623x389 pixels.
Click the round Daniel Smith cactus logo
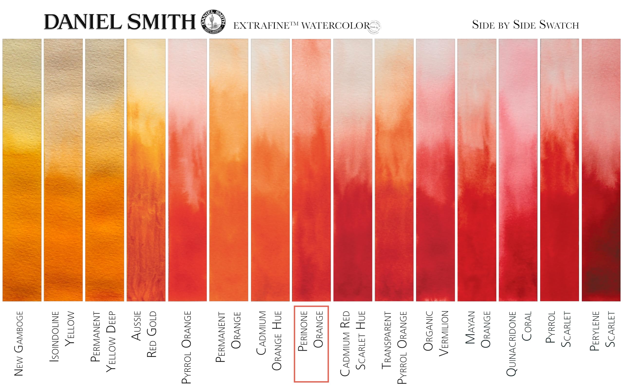213,22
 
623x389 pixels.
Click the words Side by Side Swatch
525,25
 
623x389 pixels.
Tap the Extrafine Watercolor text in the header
302,26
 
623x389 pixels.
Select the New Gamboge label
18,343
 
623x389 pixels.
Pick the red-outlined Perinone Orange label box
311,344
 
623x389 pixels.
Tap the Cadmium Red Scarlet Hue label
353,343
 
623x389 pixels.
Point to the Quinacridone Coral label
519,343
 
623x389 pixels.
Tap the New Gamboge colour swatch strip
22,170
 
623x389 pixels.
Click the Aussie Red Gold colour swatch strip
146,170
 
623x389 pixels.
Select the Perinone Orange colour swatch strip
311,170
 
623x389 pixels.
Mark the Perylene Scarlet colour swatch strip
601,170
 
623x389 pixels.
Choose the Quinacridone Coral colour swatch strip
518,170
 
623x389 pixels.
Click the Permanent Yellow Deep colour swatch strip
104,170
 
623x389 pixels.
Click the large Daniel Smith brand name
120,22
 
